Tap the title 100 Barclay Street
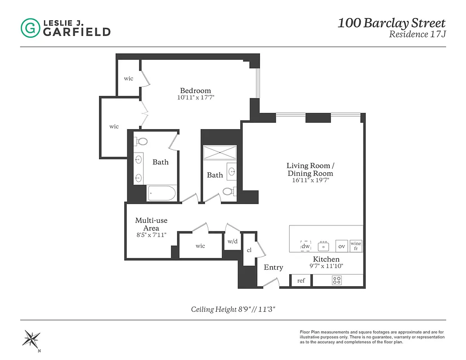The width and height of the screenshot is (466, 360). click(x=391, y=23)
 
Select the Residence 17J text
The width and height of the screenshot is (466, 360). click(x=417, y=34)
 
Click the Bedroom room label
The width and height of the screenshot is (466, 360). click(x=195, y=90)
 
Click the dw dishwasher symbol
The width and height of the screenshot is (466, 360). click(x=305, y=246)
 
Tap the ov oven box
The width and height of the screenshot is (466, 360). click(x=342, y=246)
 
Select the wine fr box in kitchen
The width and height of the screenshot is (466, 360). click(x=356, y=246)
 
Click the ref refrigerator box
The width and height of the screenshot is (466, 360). click(x=301, y=280)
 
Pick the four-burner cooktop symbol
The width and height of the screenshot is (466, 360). click(x=336, y=280)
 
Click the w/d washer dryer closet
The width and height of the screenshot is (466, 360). click(x=233, y=241)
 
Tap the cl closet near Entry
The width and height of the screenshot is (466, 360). click(x=249, y=250)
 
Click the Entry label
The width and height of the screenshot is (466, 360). click(x=273, y=267)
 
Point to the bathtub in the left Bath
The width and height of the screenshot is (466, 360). click(x=162, y=193)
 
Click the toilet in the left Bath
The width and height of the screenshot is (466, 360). click(x=142, y=142)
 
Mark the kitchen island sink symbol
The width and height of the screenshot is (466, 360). click(x=323, y=246)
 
